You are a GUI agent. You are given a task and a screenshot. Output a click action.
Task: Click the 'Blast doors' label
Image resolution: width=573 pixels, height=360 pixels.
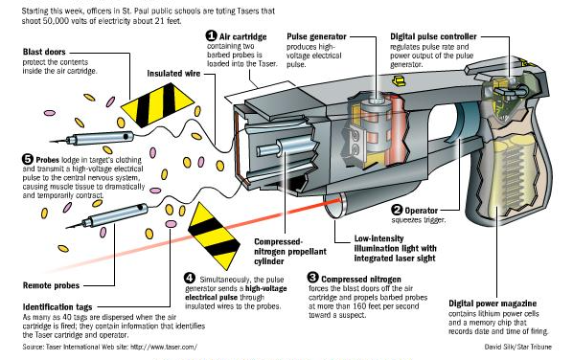point(44,52)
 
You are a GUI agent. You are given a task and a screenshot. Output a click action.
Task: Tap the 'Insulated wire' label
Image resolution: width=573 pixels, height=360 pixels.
point(173,74)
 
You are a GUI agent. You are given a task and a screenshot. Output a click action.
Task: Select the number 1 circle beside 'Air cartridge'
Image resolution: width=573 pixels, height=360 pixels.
point(211,35)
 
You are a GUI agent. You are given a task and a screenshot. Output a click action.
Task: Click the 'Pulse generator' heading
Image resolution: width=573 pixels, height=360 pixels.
point(316,36)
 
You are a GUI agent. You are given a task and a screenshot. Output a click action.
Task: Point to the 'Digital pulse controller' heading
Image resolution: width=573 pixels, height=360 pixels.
point(433,36)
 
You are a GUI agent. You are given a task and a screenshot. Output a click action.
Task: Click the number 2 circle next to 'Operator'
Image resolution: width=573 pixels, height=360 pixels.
point(397,210)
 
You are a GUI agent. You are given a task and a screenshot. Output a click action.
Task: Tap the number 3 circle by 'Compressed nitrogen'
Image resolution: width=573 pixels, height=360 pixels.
point(312,278)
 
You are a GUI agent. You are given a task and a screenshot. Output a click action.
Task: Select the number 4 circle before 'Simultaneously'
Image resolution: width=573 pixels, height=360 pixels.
point(190,279)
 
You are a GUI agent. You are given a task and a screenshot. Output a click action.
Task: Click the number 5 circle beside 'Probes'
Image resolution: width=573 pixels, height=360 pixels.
point(28,160)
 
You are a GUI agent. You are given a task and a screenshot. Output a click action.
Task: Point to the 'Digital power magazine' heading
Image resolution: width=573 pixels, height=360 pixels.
point(493,304)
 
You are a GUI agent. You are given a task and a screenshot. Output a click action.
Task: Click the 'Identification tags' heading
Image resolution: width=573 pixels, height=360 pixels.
point(57,307)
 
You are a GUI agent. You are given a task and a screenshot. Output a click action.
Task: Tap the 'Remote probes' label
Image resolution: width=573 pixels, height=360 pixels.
point(51,285)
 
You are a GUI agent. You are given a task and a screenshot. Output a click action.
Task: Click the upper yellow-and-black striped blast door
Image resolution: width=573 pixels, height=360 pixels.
point(157,104)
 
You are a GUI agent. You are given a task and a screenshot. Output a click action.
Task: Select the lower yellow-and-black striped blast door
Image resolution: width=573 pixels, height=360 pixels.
point(214,236)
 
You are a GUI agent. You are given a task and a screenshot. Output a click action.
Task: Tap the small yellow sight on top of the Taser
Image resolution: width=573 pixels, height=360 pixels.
point(399,80)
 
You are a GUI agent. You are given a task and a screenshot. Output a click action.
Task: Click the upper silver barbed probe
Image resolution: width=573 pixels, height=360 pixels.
point(92,138)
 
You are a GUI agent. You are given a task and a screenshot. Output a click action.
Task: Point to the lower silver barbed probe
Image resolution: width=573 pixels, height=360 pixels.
point(107,216)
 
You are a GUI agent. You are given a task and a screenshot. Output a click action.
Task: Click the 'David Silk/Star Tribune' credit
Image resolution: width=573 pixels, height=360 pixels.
point(517,347)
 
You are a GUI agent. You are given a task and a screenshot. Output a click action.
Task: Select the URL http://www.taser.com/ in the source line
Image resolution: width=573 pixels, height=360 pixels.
point(164,347)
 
